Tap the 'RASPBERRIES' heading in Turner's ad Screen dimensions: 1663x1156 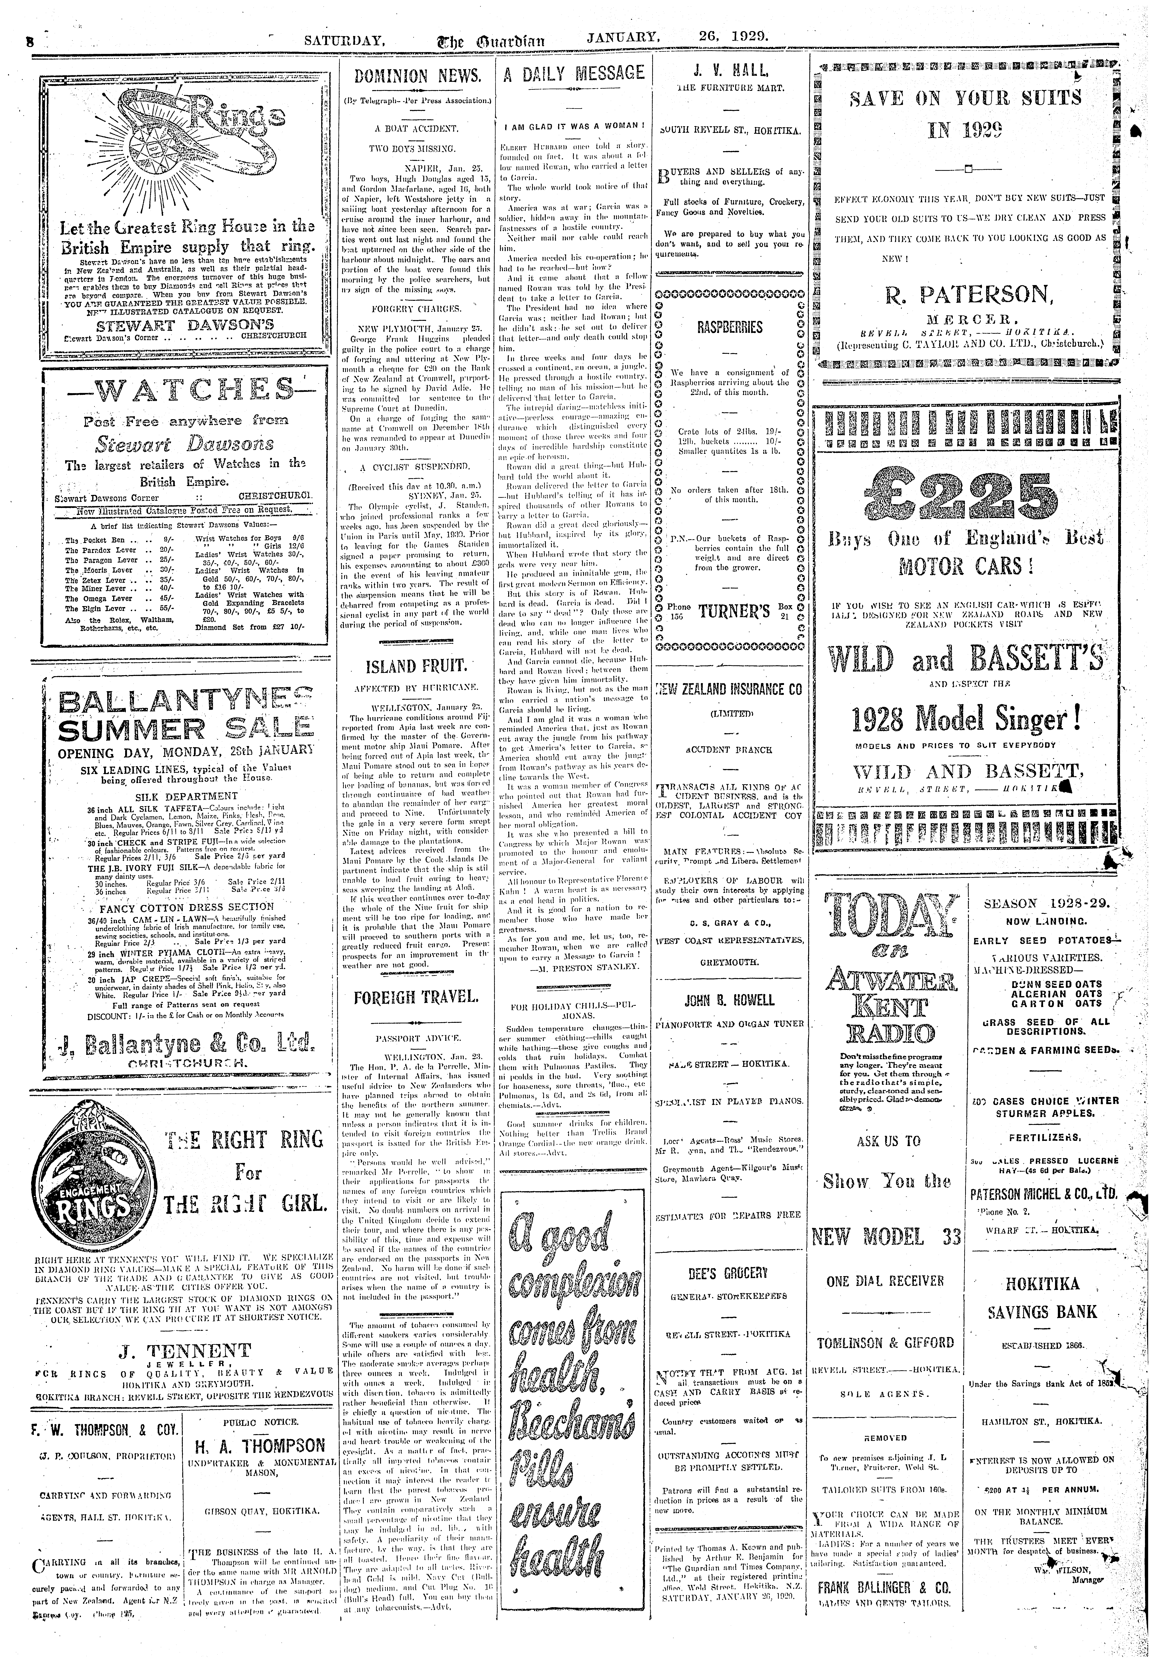[x=729, y=327]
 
